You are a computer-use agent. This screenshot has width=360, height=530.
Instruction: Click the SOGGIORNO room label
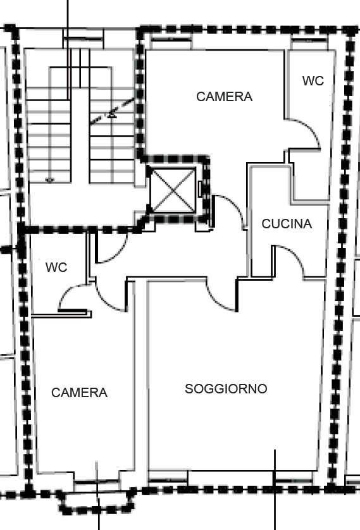pyautogui.click(x=226, y=389)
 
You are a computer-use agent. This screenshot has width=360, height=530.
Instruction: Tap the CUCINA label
pyautogui.click(x=287, y=224)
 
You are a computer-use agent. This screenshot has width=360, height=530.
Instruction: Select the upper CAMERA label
pyautogui.click(x=224, y=97)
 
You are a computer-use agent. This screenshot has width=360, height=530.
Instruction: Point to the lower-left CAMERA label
pyautogui.click(x=80, y=392)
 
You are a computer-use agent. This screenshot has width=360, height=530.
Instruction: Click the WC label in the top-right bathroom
pyautogui.click(x=313, y=81)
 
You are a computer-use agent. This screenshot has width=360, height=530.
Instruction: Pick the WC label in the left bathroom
pyautogui.click(x=56, y=268)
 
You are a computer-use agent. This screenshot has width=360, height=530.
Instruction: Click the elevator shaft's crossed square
pyautogui.click(x=173, y=190)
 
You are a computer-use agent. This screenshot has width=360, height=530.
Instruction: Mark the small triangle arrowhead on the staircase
pyautogui.click(x=112, y=116)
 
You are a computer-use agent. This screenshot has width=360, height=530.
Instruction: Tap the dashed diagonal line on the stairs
pyautogui.click(x=113, y=111)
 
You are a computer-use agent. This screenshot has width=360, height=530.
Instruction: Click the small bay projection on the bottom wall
pyautogui.click(x=97, y=502)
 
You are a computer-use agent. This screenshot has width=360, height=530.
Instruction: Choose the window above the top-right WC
pyautogui.click(x=309, y=40)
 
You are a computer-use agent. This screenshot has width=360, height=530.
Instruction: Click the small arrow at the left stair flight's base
pyautogui.click(x=50, y=180)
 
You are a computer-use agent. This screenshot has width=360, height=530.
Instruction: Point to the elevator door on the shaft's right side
pyautogui.click(x=200, y=189)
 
